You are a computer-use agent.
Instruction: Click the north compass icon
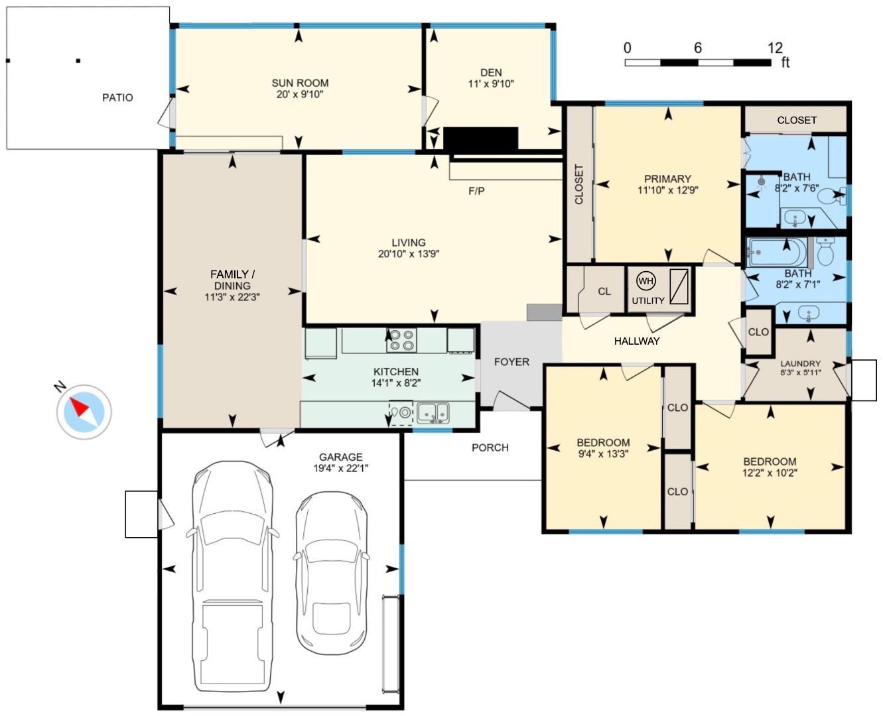84,412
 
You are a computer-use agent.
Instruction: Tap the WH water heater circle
645,281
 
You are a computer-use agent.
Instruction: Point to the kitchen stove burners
402,340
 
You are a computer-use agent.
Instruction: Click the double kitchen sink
433,412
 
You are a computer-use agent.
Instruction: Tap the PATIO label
117,97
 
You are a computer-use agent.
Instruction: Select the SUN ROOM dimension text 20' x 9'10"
300,95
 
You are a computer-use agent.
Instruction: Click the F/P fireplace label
476,192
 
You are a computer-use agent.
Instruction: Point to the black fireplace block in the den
480,139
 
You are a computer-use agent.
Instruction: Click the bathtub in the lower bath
776,253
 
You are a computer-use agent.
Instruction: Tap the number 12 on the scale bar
775,48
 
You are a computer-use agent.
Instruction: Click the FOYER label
511,362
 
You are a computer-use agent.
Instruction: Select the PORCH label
490,447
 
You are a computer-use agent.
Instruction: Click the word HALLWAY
637,341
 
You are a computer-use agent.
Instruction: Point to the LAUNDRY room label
800,363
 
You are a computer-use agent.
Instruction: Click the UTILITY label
648,300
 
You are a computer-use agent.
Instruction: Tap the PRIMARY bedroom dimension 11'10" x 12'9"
667,190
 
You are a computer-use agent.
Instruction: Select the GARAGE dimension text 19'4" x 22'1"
340,468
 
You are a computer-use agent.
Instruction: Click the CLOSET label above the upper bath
797,120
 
